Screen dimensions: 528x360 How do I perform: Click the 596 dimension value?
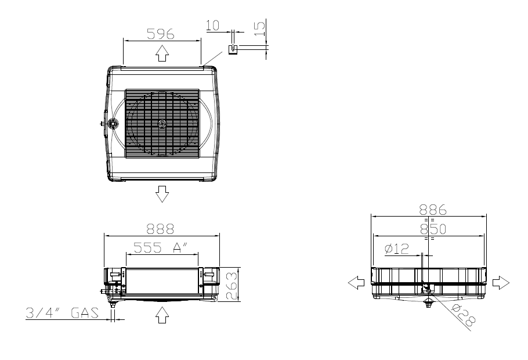coord(161,34)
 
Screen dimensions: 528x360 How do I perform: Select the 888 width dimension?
coord(160,229)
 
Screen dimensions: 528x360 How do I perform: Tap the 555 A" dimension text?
coord(161,247)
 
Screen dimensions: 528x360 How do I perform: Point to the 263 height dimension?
coord(232,286)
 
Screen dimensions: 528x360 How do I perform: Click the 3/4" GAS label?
coord(62,313)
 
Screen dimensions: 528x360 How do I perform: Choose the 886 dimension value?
coord(433,210)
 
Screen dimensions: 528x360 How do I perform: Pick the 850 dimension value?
coord(433,229)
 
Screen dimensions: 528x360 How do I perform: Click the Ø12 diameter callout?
coord(397,249)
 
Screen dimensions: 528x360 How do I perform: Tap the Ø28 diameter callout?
coord(464,315)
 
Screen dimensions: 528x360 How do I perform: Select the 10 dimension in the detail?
coord(212,25)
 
